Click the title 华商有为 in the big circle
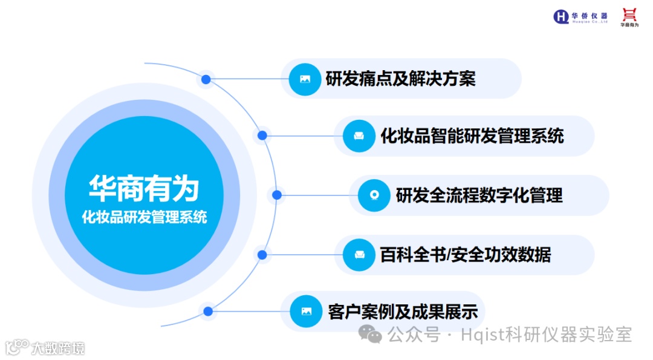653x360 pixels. click(144, 188)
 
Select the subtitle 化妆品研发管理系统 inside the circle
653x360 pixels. click(144, 217)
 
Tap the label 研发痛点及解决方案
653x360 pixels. click(400, 79)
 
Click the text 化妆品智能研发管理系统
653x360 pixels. click(472, 136)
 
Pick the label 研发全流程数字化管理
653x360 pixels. click(479, 195)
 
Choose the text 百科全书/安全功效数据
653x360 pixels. click(465, 255)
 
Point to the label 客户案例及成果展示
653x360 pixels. click(403, 312)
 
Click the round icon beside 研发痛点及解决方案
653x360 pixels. click(305, 79)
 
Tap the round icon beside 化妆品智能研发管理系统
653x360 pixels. click(359, 136)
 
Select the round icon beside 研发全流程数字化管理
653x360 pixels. click(374, 195)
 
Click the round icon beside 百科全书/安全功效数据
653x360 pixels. click(359, 255)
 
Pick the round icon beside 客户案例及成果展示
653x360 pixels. click(307, 312)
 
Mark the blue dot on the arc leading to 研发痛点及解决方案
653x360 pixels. click(206, 79)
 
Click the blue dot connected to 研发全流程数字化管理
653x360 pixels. click(277, 195)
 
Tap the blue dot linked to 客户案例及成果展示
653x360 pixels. click(208, 312)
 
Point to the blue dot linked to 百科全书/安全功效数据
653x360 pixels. click(262, 255)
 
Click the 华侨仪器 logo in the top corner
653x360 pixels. click(580, 16)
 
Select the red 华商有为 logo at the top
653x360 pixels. click(629, 17)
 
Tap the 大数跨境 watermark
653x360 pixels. click(45, 348)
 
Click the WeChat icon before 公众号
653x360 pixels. click(369, 333)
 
